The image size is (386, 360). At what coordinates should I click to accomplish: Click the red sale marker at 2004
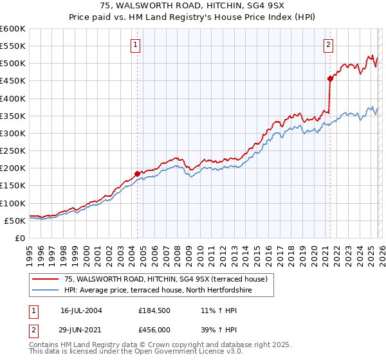coord(137,173)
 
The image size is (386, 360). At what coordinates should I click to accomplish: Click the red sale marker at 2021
coord(330,78)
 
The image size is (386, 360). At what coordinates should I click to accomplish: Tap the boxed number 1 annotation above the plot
coord(136,44)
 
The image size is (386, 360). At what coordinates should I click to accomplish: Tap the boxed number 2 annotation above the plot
coord(328,44)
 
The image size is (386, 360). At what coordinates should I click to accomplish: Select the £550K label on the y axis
coord(12,46)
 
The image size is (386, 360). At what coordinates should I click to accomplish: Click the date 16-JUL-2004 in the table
coord(81,310)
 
